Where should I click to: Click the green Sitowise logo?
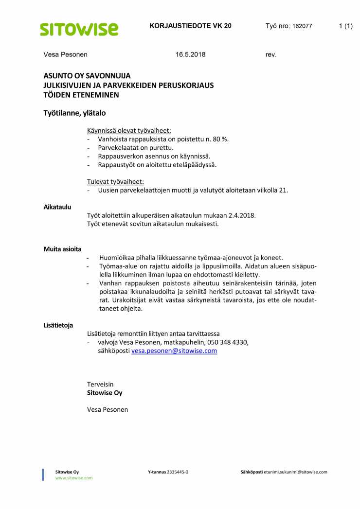[x=79, y=29]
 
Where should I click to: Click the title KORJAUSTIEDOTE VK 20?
[x=191, y=26]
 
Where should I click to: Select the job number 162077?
[x=302, y=26]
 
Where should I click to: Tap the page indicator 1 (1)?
[x=345, y=26]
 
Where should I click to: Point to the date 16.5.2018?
[x=191, y=54]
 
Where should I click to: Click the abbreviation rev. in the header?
[x=271, y=54]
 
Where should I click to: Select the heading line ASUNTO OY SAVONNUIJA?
[x=87, y=76]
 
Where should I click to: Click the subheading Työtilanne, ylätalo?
[x=74, y=113]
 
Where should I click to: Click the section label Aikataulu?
[x=57, y=207]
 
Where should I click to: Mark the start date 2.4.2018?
[x=241, y=215]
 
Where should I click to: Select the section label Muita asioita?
[x=63, y=249]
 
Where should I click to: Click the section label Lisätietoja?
[x=58, y=325]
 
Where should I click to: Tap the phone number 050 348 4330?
[x=227, y=342]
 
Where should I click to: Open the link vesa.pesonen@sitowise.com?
[x=174, y=351]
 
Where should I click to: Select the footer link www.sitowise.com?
[x=74, y=478]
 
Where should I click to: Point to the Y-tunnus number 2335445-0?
[x=178, y=472]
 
